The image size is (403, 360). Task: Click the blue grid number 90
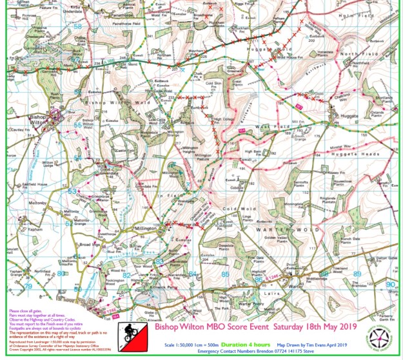pos(390,283)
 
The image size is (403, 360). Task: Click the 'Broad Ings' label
pos(88,245)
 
